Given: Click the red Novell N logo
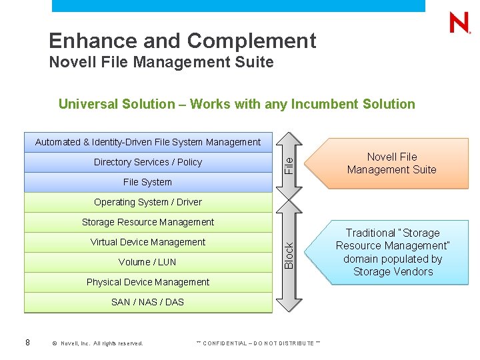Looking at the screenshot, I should tap(459, 23).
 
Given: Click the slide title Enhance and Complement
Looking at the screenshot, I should tap(182, 41).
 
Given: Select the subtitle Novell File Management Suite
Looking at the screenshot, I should tap(161, 63).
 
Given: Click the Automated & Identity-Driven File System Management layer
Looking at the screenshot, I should tap(148, 142).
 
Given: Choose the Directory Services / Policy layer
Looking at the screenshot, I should tap(148, 162).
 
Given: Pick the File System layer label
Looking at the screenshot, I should tap(148, 182).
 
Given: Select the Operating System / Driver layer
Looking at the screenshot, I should tap(148, 202).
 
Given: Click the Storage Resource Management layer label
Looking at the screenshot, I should tap(148, 222).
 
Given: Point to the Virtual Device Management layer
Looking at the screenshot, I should tap(148, 242).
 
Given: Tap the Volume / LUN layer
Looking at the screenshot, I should tap(148, 262).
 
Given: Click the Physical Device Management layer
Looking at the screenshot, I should tap(148, 282).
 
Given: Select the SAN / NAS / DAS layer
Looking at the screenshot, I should tap(148, 302).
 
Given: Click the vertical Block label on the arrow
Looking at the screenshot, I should tap(289, 256).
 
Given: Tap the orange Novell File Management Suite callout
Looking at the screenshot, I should tap(392, 163).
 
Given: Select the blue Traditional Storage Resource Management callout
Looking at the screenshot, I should tap(393, 252).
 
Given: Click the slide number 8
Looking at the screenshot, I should tap(27, 343).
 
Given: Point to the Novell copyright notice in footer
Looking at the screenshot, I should tap(97, 343).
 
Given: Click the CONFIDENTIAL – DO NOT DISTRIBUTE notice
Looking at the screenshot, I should tap(258, 343).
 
